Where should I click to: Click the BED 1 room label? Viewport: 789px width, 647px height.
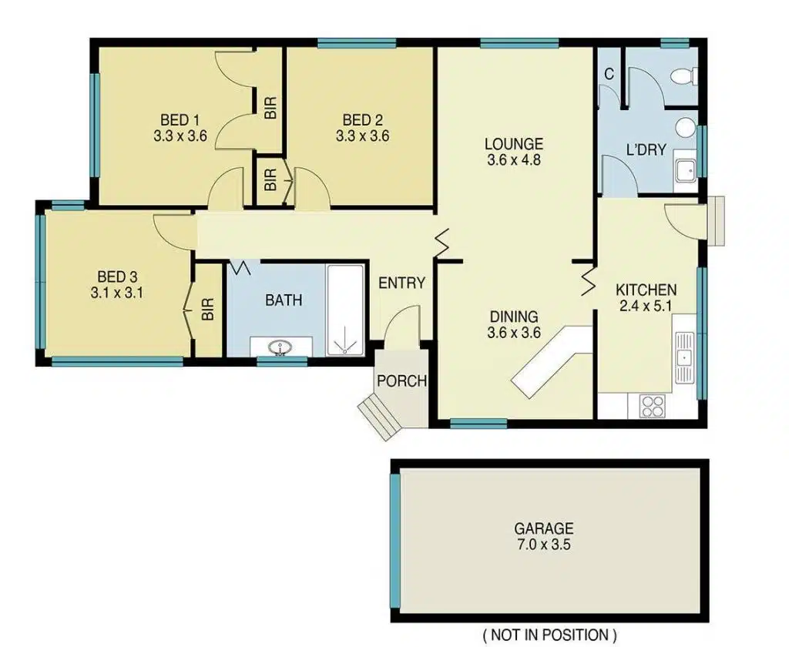point(180,120)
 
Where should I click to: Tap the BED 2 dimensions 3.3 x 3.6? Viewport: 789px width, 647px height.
point(362,136)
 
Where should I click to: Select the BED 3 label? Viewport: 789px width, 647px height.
point(117,277)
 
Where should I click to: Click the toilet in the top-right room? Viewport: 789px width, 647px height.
point(684,76)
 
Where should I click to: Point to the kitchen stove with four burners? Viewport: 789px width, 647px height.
point(652,405)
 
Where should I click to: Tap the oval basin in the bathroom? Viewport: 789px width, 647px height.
point(280,347)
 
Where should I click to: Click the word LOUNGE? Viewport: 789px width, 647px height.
point(514,144)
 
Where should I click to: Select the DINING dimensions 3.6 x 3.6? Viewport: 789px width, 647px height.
point(514,333)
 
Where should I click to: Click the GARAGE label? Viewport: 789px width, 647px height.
point(543,528)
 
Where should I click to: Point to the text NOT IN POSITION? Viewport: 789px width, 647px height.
point(550,635)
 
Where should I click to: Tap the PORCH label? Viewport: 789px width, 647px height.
point(401,380)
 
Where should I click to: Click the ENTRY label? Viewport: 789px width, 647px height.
point(401,283)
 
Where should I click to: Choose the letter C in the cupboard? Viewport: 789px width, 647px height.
point(609,75)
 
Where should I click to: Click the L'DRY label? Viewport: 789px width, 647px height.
point(646,149)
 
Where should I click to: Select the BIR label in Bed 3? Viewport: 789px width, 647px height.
point(208,310)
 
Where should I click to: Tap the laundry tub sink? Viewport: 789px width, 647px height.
point(685,169)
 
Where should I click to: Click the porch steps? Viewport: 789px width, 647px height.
point(378,416)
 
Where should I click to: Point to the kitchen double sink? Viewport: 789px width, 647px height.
point(684,357)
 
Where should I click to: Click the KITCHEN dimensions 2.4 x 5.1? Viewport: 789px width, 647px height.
point(646,305)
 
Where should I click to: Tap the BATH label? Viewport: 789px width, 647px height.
point(284,300)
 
